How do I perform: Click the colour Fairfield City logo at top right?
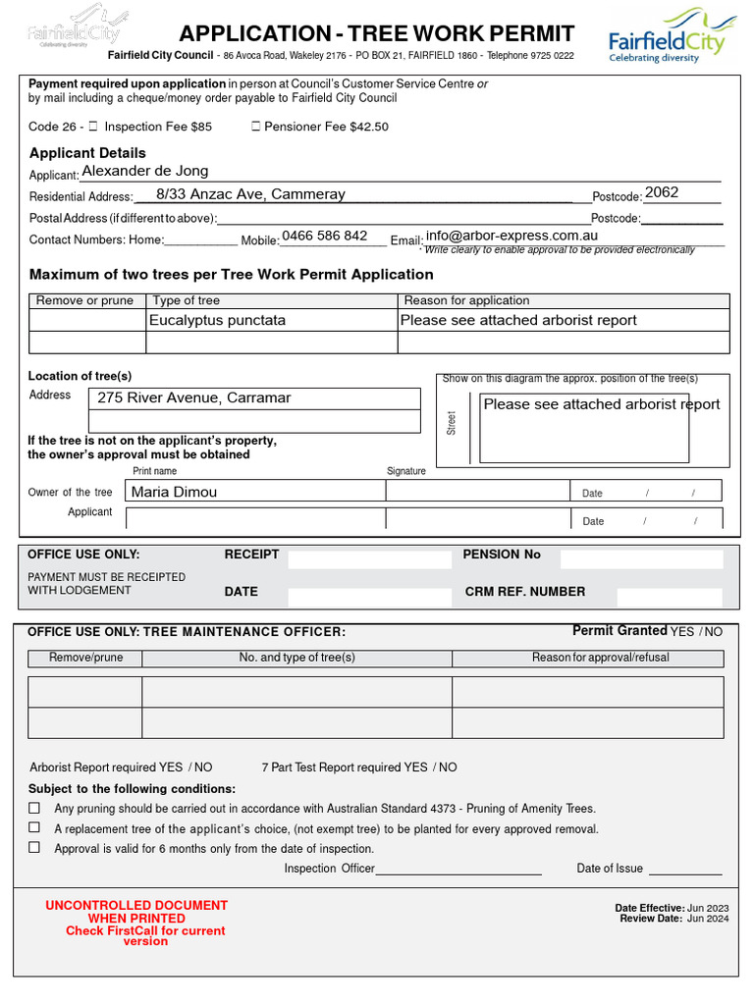tap(667, 35)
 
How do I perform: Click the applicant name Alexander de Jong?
tap(144, 171)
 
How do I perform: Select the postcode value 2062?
tap(662, 192)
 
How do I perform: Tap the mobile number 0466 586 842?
tap(324, 236)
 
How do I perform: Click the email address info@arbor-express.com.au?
tap(512, 236)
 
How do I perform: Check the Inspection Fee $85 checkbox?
tap(93, 127)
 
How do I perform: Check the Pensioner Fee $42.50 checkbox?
tap(256, 127)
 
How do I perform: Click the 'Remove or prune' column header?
tap(84, 300)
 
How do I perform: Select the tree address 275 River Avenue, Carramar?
tap(193, 397)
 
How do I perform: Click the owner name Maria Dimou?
tap(174, 492)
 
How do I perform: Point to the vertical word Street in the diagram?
tap(452, 424)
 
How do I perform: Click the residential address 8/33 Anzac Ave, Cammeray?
tap(250, 194)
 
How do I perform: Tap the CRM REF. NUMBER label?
tap(524, 592)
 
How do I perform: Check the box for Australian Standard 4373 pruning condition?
tap(34, 808)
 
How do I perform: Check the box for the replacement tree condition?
tap(34, 827)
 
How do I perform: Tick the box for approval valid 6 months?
tap(34, 847)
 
